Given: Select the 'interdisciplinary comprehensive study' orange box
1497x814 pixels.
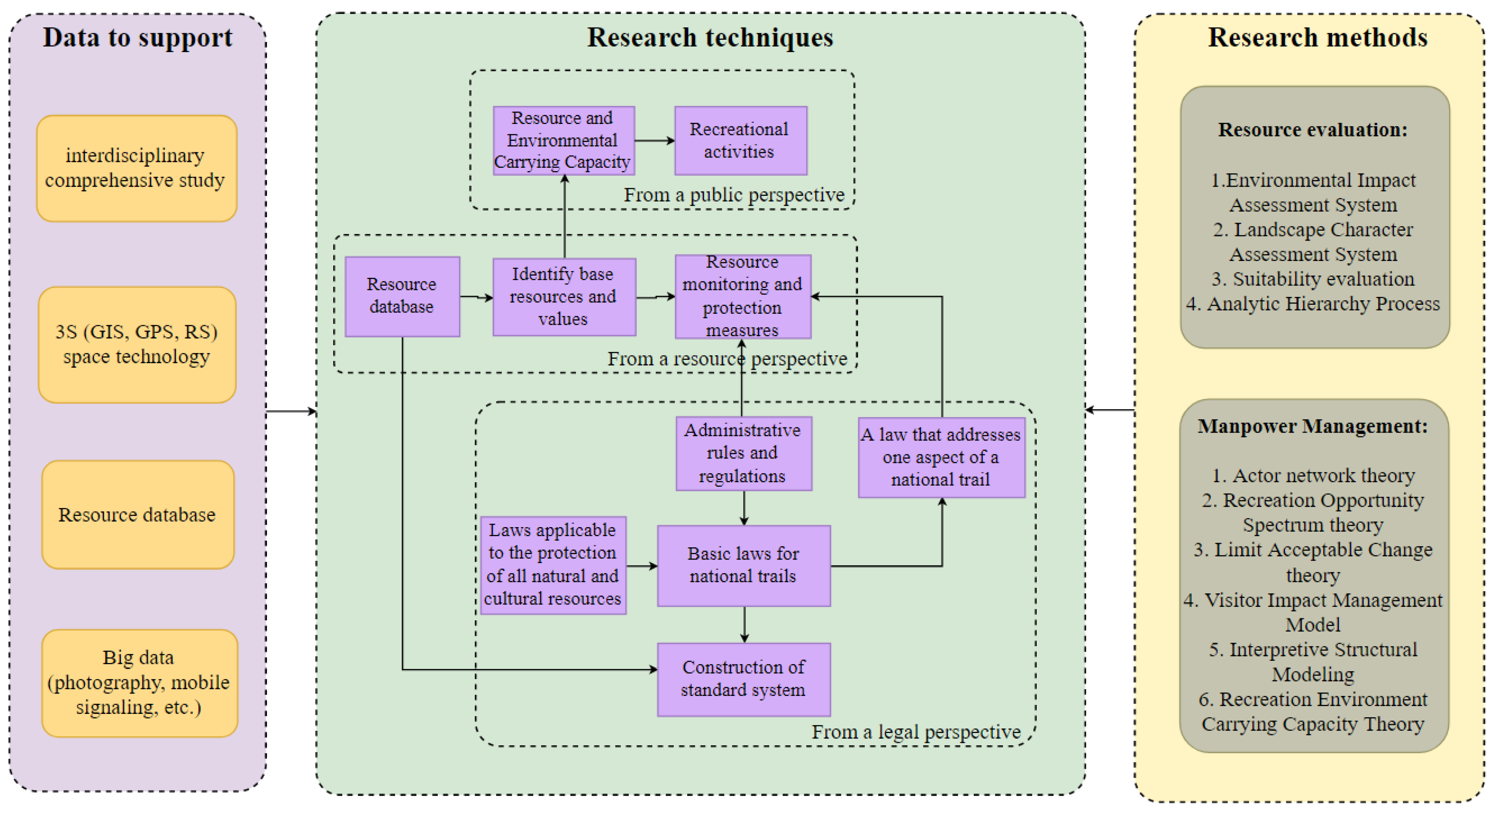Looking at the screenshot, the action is click(136, 168).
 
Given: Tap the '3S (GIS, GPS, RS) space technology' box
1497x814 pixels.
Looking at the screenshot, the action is click(137, 345).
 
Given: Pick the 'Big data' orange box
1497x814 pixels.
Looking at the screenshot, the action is click(140, 683).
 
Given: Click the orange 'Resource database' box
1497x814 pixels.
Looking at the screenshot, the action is click(138, 514).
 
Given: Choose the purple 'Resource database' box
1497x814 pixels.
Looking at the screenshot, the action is click(402, 296).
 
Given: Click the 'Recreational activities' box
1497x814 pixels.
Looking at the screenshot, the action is click(740, 140).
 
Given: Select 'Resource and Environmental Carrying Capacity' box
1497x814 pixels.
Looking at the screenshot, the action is click(564, 140).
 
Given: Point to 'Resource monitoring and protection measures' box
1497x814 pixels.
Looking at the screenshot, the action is click(743, 296).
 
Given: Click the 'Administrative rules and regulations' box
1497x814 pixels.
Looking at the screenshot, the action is click(744, 453).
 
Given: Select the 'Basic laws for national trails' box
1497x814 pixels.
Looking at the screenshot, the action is click(744, 566).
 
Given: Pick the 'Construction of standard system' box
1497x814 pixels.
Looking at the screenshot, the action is click(744, 679).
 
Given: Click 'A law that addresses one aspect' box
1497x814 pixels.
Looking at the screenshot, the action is click(941, 457).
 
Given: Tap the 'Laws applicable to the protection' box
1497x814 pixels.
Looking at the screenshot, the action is click(553, 565).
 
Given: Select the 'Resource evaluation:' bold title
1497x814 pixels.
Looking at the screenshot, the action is click(1313, 129).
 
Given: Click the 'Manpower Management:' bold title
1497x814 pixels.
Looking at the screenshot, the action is click(1313, 426).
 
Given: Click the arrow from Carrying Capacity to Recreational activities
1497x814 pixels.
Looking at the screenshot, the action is click(654, 140).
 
